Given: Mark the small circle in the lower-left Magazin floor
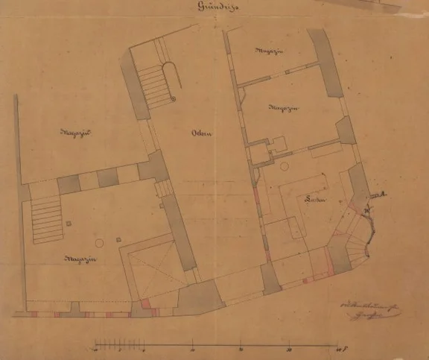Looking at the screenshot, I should tap(98, 243).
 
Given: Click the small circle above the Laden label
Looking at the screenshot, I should tap(284, 166).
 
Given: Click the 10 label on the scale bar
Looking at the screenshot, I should tap(193, 350).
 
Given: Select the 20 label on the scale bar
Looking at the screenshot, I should tap(241, 350).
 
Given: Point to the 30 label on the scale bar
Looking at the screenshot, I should tap(288, 350).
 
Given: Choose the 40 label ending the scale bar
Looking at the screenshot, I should tap(337, 350).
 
